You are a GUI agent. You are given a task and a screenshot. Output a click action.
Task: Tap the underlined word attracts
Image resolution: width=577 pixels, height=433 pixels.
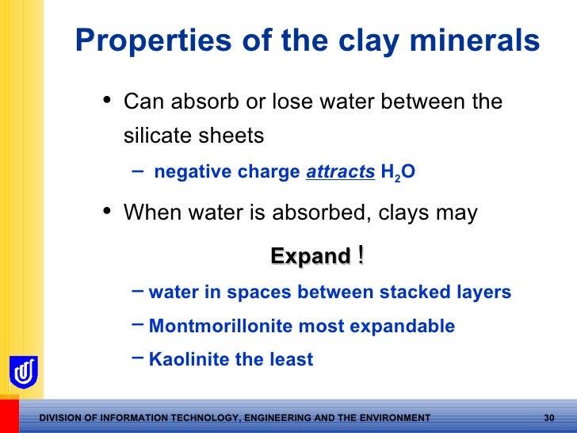(x=340, y=172)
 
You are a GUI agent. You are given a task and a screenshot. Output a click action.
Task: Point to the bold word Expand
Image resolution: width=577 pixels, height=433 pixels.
(x=310, y=256)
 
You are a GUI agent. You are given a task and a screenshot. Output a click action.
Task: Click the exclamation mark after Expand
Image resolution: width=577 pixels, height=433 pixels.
(x=361, y=255)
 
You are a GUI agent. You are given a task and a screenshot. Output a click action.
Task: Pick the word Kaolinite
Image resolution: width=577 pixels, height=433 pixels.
(x=187, y=359)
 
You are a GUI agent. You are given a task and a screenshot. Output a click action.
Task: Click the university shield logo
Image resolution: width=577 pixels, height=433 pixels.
(x=23, y=371)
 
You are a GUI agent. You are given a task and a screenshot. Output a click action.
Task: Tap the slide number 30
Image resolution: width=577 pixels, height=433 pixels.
(x=552, y=418)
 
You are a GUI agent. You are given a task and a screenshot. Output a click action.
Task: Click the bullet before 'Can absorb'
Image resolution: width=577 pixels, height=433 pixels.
(x=107, y=101)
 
